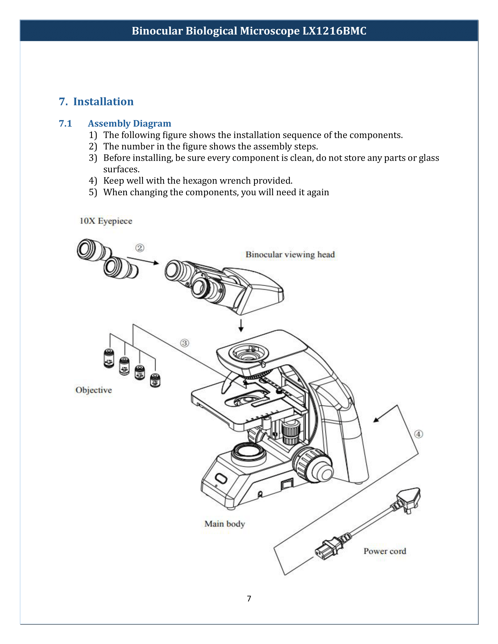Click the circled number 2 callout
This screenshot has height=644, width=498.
coord(140,248)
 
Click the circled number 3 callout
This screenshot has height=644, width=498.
coord(184,343)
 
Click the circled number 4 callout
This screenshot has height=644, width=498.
coord(418,434)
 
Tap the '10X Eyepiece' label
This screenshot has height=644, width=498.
coord(106,221)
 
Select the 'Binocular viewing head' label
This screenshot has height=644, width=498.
coord(290,254)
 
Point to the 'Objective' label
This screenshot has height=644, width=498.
coord(93,390)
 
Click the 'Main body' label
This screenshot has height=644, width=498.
coord(224,524)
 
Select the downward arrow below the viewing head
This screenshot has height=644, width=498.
coord(241,325)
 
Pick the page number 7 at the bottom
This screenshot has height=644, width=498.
coord(249,598)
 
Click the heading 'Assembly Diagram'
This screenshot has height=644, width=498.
coord(129,123)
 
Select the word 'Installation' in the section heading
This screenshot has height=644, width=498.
coord(103,102)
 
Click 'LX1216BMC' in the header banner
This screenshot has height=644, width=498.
coord(334,31)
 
